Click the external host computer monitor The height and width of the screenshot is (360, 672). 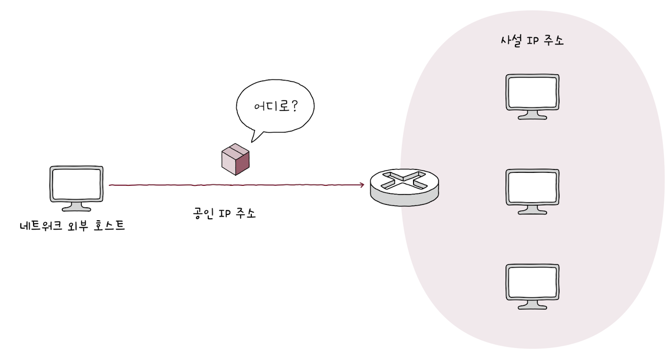(x=77, y=184)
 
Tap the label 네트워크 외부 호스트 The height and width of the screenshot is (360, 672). (x=72, y=225)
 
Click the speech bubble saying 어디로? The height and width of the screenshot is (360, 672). (x=275, y=107)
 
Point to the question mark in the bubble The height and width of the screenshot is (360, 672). (x=294, y=105)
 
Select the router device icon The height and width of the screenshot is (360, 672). (x=404, y=187)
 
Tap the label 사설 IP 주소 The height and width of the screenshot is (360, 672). (x=532, y=41)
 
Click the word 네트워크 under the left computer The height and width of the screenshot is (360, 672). (x=41, y=225)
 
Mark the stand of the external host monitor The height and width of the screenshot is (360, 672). (x=77, y=207)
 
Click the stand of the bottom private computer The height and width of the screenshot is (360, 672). (x=532, y=305)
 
